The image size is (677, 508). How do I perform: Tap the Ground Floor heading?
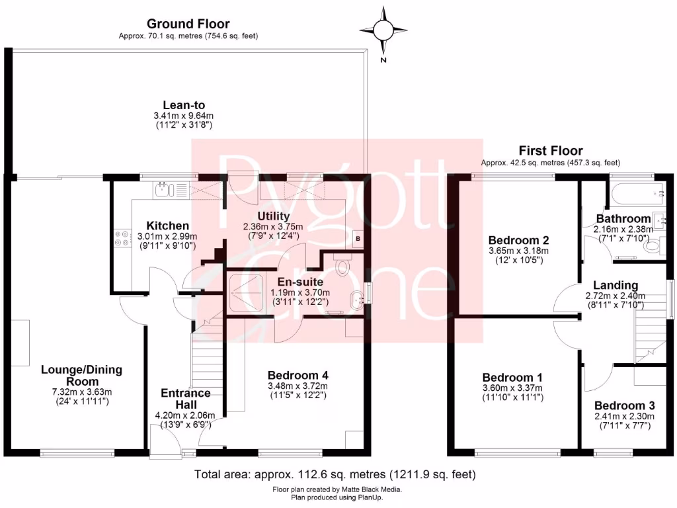tap(188, 24)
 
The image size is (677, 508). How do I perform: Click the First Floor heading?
tap(550, 151)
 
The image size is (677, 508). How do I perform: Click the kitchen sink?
tap(161, 190)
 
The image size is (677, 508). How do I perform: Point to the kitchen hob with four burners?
tap(122, 238)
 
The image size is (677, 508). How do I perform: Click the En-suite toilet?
tap(342, 265)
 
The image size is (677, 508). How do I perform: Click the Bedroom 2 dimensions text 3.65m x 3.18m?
tap(518, 251)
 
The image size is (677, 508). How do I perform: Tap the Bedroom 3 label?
tap(624, 405)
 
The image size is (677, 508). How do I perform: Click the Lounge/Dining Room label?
tap(81, 376)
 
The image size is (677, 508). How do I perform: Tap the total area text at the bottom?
tap(335, 474)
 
